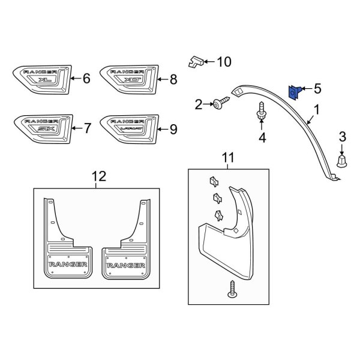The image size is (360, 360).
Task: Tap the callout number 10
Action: (x=223, y=61)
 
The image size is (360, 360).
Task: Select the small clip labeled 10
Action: (x=194, y=60)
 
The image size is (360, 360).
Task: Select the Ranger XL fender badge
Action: (x=39, y=79)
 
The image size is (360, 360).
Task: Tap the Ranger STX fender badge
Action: (x=39, y=127)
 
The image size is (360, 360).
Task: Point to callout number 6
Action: (x=86, y=78)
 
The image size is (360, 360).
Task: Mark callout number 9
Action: (x=173, y=128)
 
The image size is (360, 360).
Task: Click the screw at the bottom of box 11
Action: (x=232, y=289)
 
